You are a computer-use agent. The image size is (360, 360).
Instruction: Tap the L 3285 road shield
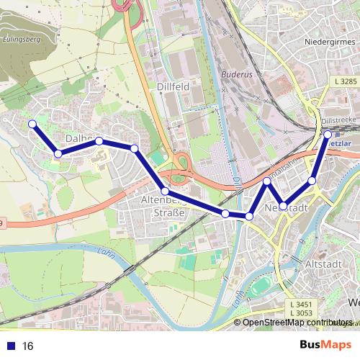point(346,82)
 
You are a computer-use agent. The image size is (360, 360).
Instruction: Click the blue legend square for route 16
point(9,346)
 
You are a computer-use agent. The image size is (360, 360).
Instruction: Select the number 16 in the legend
point(28,346)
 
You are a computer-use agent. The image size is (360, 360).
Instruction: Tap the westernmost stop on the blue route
point(32,124)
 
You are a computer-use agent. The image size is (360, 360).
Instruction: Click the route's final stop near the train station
point(328,134)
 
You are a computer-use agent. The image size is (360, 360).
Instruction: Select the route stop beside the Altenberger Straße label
point(165,191)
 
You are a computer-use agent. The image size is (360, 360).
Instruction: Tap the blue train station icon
point(320,132)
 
